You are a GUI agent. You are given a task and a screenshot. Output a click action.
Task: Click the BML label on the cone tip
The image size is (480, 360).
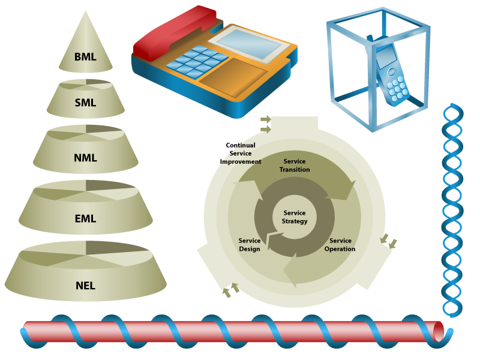[86, 58]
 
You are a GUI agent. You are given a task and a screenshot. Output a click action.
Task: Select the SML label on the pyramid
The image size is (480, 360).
[86, 103]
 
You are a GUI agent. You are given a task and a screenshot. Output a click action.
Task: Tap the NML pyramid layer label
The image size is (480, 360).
[86, 158]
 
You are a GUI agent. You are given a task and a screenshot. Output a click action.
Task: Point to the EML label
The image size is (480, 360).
[86, 219]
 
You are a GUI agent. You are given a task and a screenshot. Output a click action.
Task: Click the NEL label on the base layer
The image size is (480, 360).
[86, 285]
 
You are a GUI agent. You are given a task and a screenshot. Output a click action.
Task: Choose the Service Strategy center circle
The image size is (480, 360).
[295, 217]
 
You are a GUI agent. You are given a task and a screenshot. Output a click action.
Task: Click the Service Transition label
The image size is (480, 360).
[295, 166]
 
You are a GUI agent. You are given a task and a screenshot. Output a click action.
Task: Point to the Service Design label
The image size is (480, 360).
[250, 245]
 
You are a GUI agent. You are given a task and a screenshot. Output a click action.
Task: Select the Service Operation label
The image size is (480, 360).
[340, 245]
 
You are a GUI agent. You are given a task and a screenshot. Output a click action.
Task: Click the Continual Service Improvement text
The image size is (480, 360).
[241, 154]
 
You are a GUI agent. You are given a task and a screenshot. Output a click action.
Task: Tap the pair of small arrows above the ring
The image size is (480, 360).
[266, 124]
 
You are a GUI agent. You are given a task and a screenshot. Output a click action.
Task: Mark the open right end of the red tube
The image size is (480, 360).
[439, 330]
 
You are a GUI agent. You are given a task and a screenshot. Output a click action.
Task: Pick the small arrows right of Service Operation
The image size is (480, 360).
[388, 241]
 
